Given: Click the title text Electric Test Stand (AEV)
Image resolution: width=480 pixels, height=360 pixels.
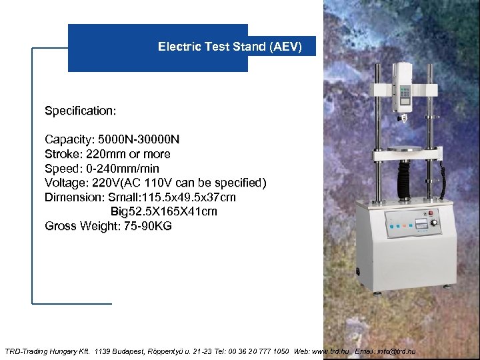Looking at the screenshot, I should tap(230, 47).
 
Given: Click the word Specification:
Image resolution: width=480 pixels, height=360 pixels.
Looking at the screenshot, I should tap(81, 110).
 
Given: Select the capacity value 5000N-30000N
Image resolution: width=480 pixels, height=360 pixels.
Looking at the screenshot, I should tap(139, 139).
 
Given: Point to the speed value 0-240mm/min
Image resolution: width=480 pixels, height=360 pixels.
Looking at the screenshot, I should tap(123, 169).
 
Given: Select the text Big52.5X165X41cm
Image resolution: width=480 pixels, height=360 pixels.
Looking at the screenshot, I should tap(164, 212).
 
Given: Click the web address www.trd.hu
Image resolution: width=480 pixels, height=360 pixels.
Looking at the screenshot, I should tap(330, 351).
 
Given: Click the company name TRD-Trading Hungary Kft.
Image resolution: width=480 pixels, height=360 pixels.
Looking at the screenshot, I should tap(47, 351).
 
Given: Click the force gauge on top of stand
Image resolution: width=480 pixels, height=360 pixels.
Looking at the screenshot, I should tap(404, 87).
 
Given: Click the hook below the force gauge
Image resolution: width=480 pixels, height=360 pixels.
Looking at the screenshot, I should tap(403, 120).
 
